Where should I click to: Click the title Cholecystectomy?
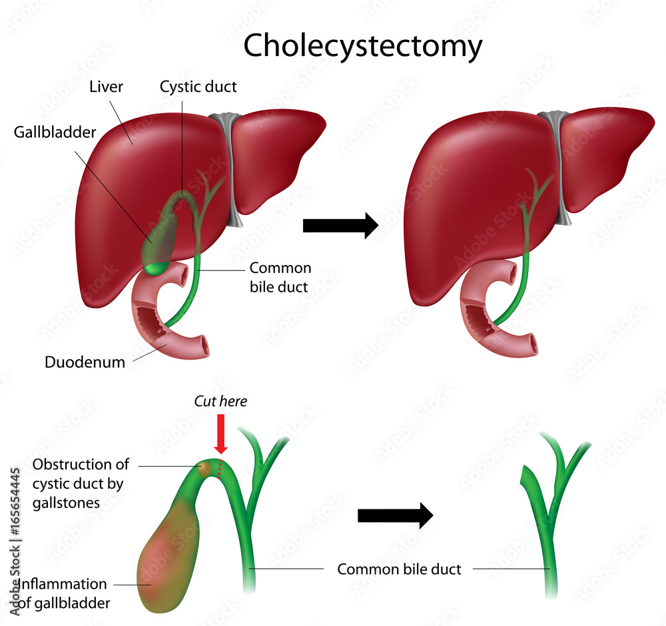pyautogui.click(x=362, y=46)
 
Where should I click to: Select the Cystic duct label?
pyautogui.click(x=198, y=87)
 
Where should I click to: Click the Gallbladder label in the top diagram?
pyautogui.click(x=55, y=131)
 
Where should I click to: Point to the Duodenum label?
pyautogui.click(x=85, y=362)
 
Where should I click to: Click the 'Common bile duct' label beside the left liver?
pyautogui.click(x=280, y=277)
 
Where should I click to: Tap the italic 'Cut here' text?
pyautogui.click(x=220, y=401)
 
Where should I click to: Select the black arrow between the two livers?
pyautogui.click(x=340, y=226)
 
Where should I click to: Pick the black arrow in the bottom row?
pyautogui.click(x=395, y=514)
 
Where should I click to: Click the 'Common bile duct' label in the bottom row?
pyautogui.click(x=399, y=569)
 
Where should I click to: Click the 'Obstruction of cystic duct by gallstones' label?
pyautogui.click(x=80, y=483)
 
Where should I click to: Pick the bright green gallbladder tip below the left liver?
pyautogui.click(x=155, y=268)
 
